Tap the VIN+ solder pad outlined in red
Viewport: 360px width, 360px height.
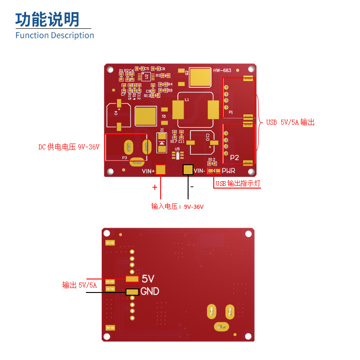click(161, 170)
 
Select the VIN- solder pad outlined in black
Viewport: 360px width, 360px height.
click(188, 170)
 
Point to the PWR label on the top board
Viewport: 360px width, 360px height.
click(229, 171)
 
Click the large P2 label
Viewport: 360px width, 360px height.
click(234, 157)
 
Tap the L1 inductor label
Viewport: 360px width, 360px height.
click(187, 99)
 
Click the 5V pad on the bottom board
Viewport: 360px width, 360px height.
click(132, 279)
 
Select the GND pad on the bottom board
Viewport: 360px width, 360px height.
click(132, 292)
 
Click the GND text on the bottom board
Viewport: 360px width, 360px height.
click(150, 292)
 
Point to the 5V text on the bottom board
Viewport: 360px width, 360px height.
click(148, 279)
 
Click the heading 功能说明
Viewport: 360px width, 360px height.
click(47, 19)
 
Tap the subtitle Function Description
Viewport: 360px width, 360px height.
click(54, 35)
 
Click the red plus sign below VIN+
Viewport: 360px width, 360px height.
click(155, 187)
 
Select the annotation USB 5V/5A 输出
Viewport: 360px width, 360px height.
click(290, 122)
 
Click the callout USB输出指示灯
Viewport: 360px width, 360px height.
click(238, 184)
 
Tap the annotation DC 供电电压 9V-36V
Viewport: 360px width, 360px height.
click(68, 147)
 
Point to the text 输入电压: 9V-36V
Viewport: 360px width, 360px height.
click(177, 207)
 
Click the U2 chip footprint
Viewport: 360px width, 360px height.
click(146, 76)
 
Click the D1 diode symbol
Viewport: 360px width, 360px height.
click(162, 142)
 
